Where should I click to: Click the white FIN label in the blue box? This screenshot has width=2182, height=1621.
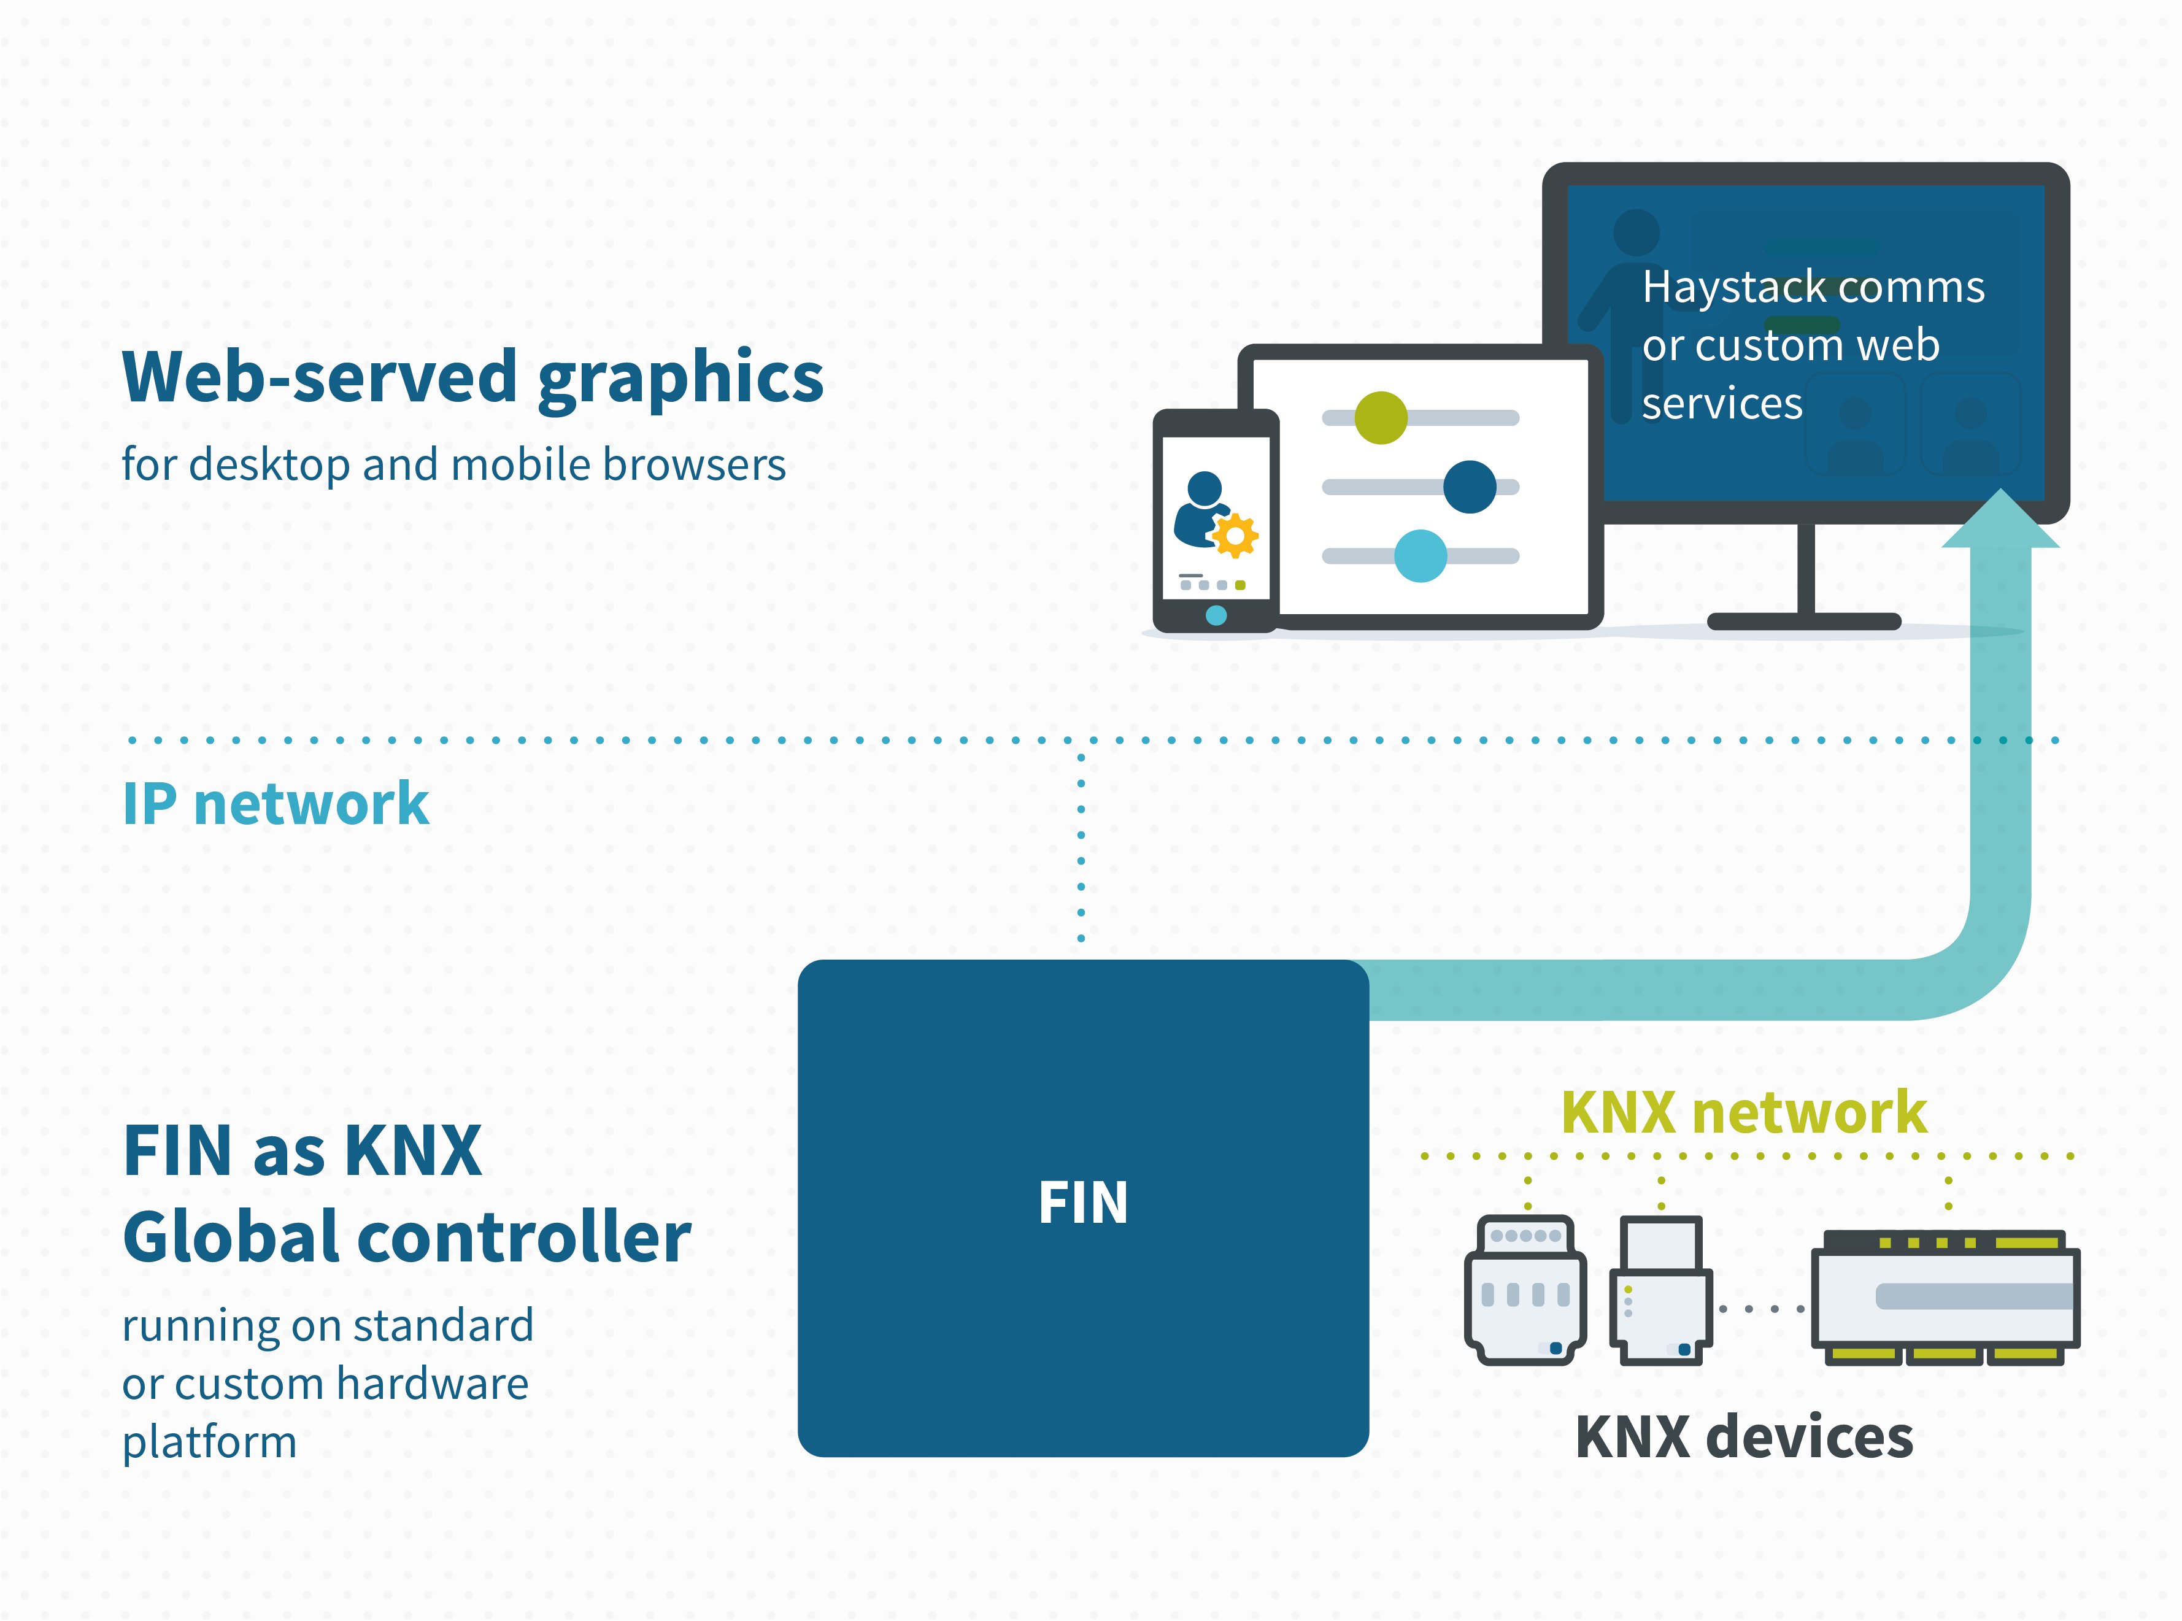[1082, 1203]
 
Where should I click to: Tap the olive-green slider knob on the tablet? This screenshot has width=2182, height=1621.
[1381, 418]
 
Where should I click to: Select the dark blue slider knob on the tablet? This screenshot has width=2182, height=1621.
[1469, 487]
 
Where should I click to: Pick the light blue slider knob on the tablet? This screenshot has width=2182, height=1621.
[1420, 555]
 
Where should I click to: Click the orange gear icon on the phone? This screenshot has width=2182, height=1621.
[1235, 536]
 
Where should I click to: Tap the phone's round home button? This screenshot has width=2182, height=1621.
[1216, 615]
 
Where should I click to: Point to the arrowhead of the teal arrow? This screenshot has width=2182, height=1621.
[2000, 520]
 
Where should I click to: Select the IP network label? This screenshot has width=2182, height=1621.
[276, 804]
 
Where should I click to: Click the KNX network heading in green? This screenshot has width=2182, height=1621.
[1743, 1113]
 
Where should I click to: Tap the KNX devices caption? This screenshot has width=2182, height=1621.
[1743, 1438]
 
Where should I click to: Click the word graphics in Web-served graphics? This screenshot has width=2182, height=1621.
[681, 379]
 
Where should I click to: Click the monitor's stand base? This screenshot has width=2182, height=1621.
[1803, 621]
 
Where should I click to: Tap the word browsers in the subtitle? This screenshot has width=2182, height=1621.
[693, 465]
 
